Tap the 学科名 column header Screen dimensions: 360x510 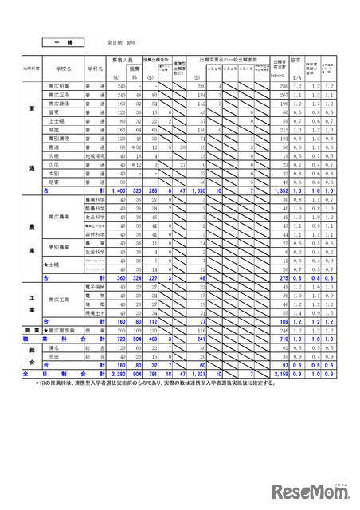point(95,69)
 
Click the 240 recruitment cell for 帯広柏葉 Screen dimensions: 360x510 point(119,86)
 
